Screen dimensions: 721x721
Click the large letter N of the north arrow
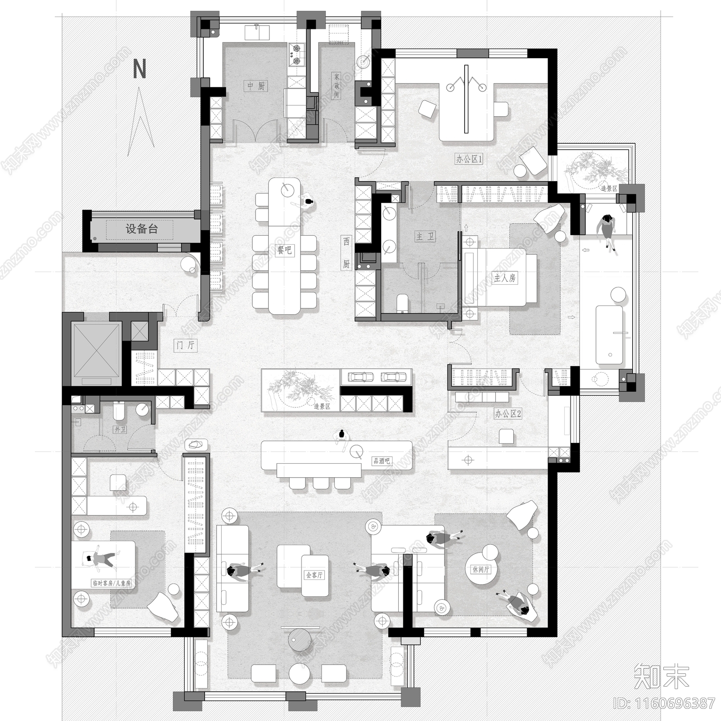point(140,69)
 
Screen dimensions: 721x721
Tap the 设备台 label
point(141,229)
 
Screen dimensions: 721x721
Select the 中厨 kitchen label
point(256,86)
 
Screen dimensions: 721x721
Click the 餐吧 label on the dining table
point(285,249)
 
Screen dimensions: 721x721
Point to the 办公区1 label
point(469,159)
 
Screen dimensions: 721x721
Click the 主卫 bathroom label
point(425,236)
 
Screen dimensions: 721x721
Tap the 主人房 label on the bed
point(505,278)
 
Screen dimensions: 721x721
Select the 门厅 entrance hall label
point(185,345)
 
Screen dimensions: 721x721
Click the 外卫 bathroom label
point(120,429)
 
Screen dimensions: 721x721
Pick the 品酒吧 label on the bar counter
point(381,461)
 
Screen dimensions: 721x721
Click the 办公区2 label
point(508,414)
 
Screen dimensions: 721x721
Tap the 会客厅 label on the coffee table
point(314,575)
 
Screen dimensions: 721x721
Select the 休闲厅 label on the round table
point(481,569)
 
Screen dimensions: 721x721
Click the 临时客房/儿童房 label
point(111,583)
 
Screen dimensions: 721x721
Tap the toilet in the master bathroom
point(402,302)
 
